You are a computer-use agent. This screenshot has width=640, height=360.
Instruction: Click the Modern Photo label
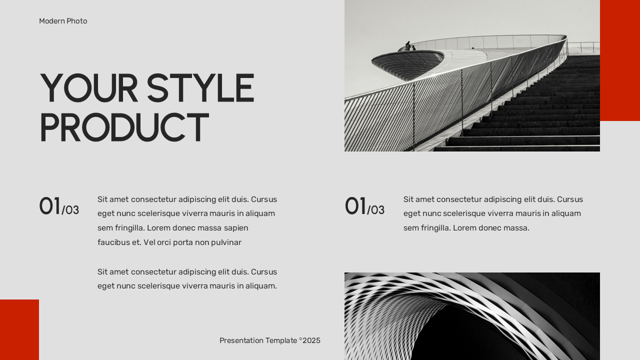click(x=63, y=21)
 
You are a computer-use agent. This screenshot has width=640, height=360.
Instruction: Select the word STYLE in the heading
click(x=200, y=88)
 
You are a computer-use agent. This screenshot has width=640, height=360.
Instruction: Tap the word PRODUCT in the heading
click(x=123, y=127)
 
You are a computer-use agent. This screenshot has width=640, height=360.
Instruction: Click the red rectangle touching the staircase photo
click(x=619, y=60)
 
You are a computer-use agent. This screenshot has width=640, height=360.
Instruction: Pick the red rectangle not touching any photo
click(x=19, y=329)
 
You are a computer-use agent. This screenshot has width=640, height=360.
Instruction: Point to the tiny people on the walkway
click(x=409, y=46)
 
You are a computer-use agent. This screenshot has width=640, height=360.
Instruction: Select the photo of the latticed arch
click(x=471, y=316)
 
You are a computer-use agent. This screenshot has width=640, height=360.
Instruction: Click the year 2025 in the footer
click(x=311, y=340)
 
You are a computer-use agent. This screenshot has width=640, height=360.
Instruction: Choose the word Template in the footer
click(x=281, y=340)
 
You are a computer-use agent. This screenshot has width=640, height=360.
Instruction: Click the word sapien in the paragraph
click(x=236, y=228)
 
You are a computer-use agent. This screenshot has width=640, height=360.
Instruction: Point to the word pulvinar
click(x=226, y=242)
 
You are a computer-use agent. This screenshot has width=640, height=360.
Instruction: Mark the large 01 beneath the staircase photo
click(x=355, y=206)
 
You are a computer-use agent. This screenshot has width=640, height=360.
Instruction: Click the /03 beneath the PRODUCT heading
click(x=70, y=210)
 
